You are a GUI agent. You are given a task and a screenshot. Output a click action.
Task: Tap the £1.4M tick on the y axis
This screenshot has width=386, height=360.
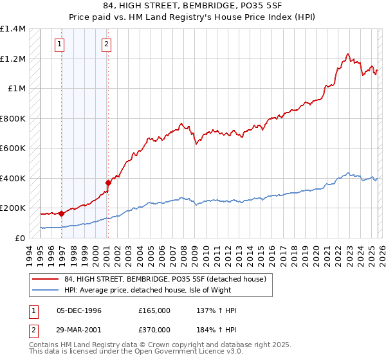13,29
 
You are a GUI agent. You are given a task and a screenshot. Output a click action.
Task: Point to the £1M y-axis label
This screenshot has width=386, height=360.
17,88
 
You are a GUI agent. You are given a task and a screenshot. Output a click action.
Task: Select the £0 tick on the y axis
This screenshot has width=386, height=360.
21,238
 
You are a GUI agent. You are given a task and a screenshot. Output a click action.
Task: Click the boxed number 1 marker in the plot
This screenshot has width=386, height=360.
59,44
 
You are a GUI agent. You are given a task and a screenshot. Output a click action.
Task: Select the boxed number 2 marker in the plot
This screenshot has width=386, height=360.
106,44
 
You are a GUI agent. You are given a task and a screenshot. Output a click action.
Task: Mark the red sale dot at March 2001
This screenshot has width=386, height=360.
108,183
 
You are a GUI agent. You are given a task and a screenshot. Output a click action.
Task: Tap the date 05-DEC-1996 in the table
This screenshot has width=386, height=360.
79,310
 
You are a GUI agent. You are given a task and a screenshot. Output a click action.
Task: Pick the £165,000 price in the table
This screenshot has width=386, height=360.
154,310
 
